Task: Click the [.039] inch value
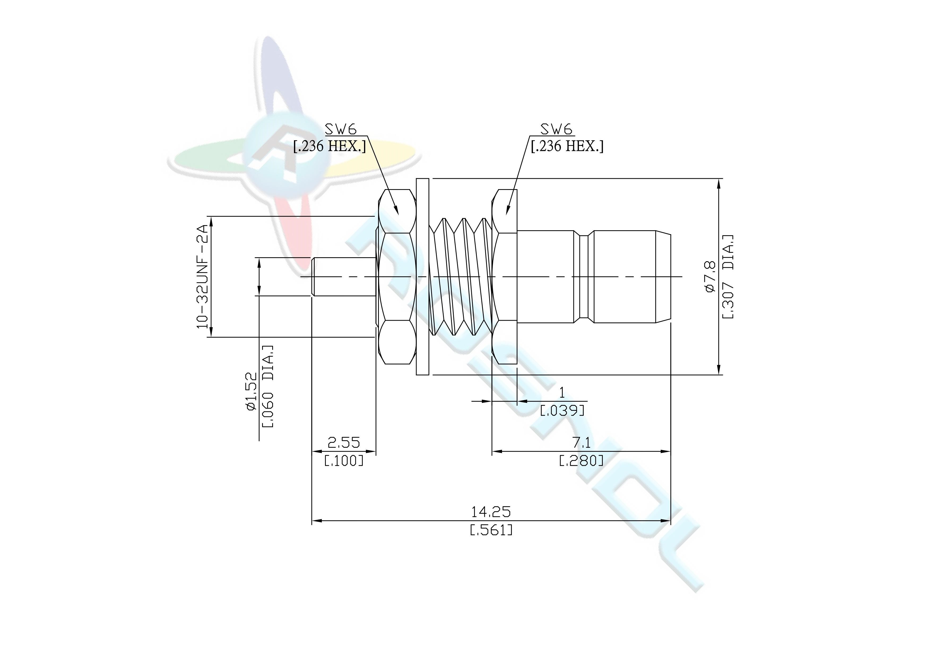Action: (562, 411)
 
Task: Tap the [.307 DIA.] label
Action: (728, 277)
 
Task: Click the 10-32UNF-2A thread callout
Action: (202, 277)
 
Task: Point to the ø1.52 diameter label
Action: (252, 391)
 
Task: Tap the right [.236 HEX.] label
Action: (567, 146)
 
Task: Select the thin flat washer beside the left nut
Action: (422, 277)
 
